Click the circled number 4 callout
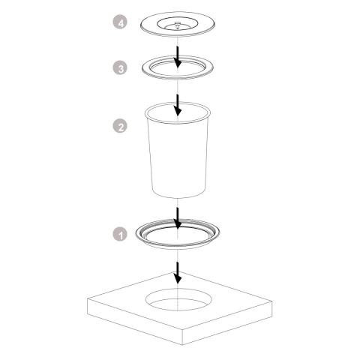pos(120,22)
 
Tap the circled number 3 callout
pos(120,68)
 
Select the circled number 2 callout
pos(120,126)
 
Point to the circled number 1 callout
pos(120,235)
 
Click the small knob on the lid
pos(178,24)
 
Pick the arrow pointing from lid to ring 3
pos(178,56)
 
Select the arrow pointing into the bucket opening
pos(178,105)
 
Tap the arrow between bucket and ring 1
pos(178,218)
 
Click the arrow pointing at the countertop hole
pos(178,272)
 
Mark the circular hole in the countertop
pos(178,300)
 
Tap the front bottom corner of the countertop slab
pos(183,344)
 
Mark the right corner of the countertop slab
pos(272,303)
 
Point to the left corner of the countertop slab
pos(87,298)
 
